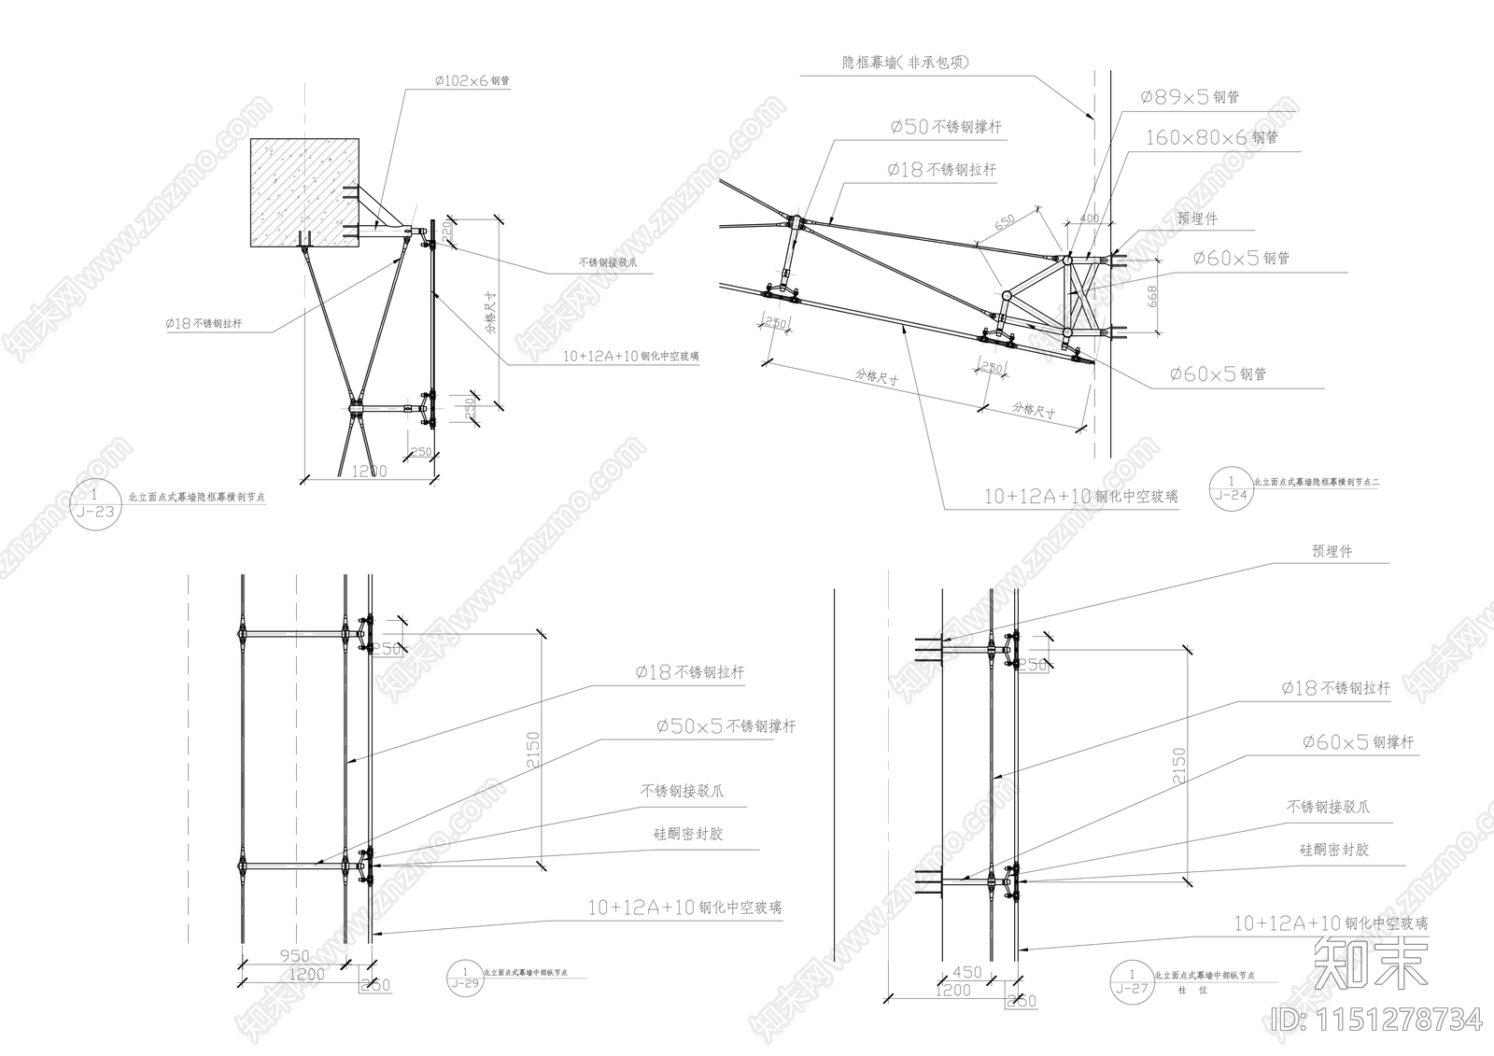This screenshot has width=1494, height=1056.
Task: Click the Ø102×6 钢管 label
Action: coord(472,81)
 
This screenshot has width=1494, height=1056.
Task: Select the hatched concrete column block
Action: coord(305,192)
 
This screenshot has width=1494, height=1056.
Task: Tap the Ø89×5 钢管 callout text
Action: coord(1189,97)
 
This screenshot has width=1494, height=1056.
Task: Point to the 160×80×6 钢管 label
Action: coord(1211,137)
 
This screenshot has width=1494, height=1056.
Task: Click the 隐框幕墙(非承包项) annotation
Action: coord(905,63)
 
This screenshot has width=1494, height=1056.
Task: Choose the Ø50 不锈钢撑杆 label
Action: coord(945,127)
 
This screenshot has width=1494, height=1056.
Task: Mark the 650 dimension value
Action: coord(1005,222)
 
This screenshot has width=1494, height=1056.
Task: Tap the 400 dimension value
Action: coord(1088,218)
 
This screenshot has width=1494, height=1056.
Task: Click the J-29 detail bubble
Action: coord(464,978)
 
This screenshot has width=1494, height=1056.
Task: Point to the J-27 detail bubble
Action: coord(1132,981)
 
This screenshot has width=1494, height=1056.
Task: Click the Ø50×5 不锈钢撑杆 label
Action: coord(726,725)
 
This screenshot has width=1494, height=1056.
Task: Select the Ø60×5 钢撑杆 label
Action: coord(1358,742)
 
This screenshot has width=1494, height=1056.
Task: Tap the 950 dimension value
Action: coord(293,956)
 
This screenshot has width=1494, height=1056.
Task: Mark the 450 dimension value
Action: coord(966,972)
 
